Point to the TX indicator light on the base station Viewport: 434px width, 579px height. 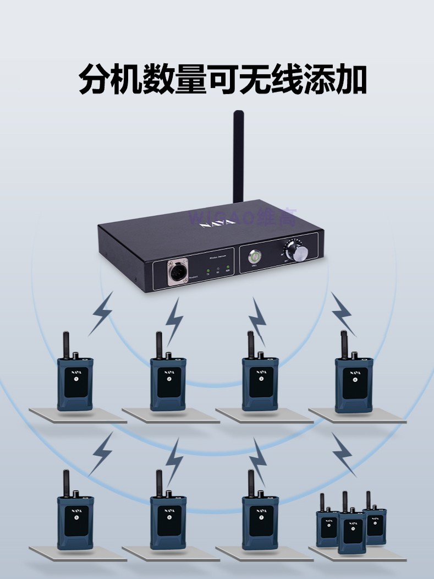click(x=208, y=271)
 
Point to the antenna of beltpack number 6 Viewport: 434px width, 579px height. click(x=158, y=482)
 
